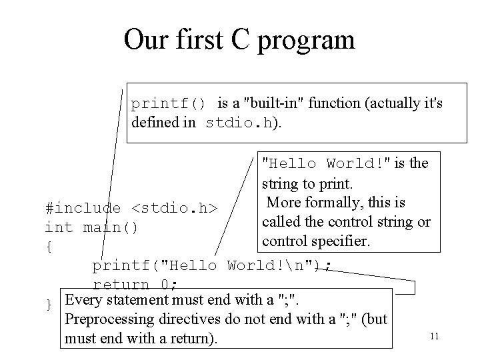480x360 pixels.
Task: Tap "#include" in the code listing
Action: [x=83, y=208]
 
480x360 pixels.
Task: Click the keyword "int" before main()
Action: [x=59, y=227]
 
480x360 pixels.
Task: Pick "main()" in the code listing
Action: [x=111, y=227]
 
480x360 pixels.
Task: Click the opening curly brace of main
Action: [x=48, y=247]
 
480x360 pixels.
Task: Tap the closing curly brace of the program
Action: [x=48, y=305]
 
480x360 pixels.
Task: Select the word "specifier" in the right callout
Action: [x=341, y=240]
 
